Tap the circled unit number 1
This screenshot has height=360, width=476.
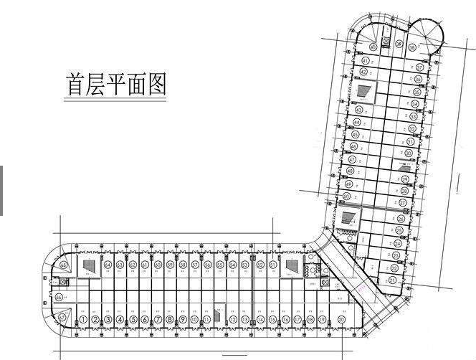tap(82, 320)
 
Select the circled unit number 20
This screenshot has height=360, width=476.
tap(342, 320)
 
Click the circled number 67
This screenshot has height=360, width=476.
tap(62, 316)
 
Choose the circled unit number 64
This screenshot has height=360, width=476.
tap(108, 265)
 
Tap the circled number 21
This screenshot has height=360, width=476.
tap(392, 280)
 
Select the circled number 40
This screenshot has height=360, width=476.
tap(372, 47)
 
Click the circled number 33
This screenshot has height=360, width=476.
tap(413, 116)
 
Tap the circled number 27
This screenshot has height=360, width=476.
tap(402, 203)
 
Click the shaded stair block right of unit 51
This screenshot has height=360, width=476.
tap(292, 265)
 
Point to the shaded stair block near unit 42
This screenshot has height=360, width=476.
tap(363, 90)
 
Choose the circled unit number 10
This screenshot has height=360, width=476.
tap(194, 320)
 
